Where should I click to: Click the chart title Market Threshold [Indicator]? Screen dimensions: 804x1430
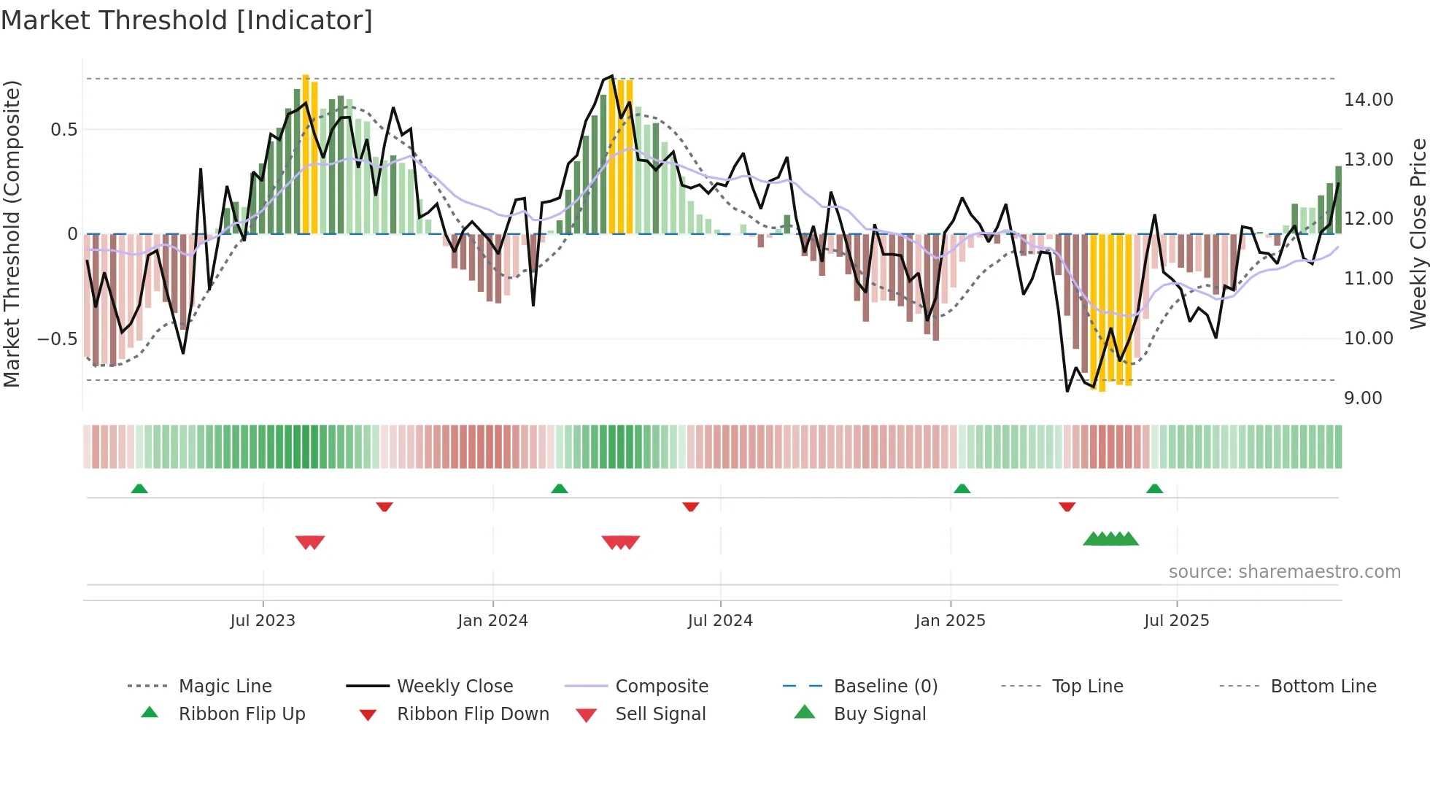(187, 20)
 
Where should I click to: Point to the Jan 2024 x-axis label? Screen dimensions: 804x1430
(492, 620)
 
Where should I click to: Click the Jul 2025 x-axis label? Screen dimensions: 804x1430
(1176, 620)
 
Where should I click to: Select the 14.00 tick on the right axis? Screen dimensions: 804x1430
(1368, 99)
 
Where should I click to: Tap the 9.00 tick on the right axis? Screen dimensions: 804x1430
(1363, 398)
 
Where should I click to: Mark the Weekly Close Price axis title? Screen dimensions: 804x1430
(1418, 233)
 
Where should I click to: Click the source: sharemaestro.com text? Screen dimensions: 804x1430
(1284, 571)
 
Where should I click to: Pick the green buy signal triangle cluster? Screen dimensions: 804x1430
(1110, 539)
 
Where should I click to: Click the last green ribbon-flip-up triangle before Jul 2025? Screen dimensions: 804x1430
(1154, 489)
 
